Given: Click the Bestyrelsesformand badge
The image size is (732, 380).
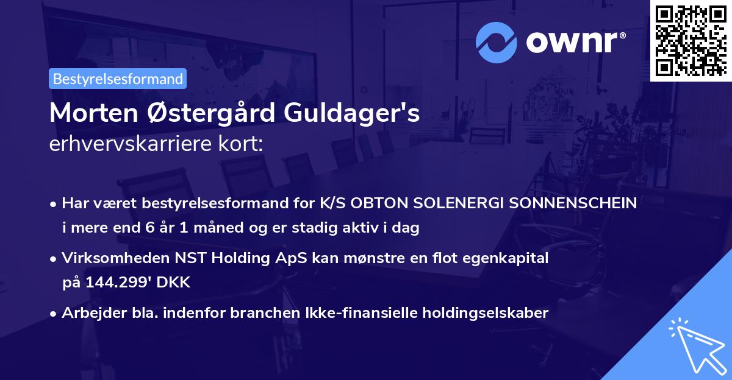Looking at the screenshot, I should [x=118, y=79].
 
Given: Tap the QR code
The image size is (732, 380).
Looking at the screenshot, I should [x=691, y=40].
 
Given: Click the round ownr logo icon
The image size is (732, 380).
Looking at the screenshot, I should [x=497, y=42].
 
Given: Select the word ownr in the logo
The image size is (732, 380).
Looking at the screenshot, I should [x=574, y=41].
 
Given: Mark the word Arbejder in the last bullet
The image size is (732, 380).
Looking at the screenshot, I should [x=89, y=313].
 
